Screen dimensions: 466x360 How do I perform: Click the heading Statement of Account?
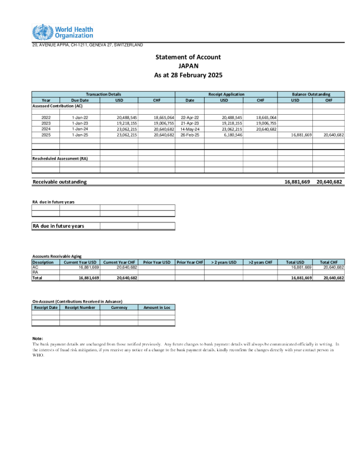188,57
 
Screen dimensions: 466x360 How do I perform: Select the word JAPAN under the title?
188,66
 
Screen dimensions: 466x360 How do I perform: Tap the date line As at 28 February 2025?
188,75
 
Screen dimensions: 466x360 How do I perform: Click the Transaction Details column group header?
104,94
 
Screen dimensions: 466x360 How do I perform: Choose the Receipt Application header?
226,94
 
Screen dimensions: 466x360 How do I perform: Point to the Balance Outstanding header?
311,94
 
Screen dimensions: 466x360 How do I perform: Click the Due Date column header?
80,100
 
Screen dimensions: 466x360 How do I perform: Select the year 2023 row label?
46,123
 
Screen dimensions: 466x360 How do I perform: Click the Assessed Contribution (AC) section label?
57,106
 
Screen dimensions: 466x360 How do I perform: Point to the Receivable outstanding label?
59,182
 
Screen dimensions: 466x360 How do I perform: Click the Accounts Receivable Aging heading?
56,257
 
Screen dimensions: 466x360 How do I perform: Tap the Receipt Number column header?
79,307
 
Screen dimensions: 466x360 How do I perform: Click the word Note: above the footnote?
38,338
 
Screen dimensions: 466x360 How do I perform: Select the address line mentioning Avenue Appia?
87,45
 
